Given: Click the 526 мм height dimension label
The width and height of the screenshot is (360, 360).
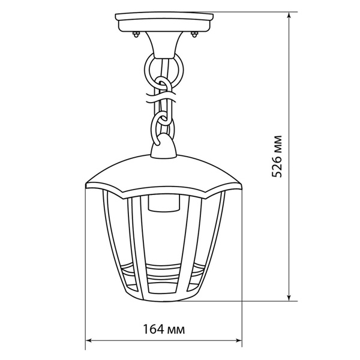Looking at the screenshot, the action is (x=277, y=157).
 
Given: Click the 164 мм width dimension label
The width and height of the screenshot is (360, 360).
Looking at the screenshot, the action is (x=164, y=329).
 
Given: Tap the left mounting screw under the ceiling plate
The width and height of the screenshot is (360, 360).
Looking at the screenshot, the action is (x=136, y=34).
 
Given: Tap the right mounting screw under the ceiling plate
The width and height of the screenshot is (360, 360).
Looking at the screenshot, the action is (x=194, y=34).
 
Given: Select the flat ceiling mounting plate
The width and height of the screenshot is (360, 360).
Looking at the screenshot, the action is (x=164, y=22).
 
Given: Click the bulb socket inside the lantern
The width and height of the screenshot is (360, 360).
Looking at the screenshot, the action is (x=164, y=203).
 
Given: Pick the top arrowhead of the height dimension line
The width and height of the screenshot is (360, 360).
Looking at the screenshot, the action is (x=289, y=16).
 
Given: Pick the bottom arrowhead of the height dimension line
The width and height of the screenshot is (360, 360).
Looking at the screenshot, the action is (x=289, y=297).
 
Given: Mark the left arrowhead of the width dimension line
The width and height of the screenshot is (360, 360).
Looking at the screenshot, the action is (x=89, y=340).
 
